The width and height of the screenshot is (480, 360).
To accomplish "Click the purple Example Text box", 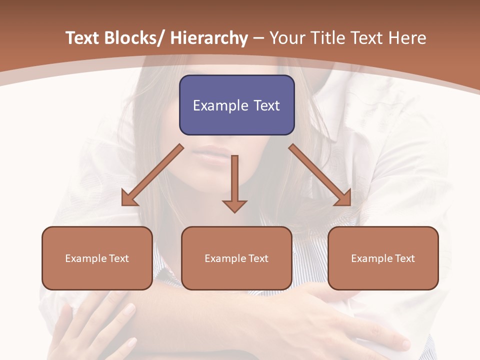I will [x=236, y=105].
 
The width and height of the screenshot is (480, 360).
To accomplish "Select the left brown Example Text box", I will [x=97, y=258].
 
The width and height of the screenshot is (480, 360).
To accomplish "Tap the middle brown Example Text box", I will [x=236, y=258].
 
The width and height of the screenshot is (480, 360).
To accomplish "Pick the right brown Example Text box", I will [x=383, y=258].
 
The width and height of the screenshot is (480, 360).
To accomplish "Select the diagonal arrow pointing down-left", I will [x=152, y=175].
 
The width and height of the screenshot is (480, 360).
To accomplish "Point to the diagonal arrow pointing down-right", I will [x=320, y=175].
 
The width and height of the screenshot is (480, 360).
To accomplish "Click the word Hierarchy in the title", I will [x=209, y=38].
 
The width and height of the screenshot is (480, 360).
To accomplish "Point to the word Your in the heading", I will [x=286, y=38].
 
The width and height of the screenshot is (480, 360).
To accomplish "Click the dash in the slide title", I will [x=258, y=38].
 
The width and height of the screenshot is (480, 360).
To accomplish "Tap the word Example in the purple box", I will [x=220, y=105].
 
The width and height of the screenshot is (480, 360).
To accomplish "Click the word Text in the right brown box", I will [x=404, y=258].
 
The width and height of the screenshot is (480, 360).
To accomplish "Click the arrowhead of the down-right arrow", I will [x=343, y=198].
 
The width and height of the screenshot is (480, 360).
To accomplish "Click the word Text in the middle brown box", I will [x=257, y=258].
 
